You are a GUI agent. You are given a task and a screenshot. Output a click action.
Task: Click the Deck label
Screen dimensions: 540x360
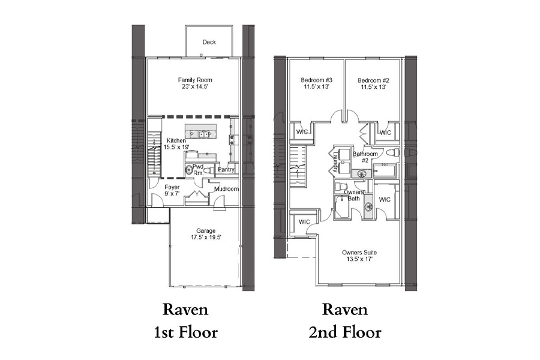tap(209, 42)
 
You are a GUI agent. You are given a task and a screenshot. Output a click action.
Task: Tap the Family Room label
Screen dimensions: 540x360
tap(195, 80)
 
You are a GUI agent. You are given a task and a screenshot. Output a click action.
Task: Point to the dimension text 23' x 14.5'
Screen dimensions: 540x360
tap(195, 87)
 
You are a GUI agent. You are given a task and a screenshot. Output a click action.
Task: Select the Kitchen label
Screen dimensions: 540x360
tap(176, 140)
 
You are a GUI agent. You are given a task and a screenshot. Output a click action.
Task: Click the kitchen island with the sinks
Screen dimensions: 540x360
tap(201, 131)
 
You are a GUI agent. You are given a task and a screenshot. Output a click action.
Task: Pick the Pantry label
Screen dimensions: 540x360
tap(226, 169)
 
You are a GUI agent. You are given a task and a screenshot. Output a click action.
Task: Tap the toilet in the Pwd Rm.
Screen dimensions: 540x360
tap(208, 170)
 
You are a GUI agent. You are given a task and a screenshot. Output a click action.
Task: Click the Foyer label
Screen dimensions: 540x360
tap(172, 187)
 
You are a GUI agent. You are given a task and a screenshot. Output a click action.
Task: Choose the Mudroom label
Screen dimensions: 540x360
tap(226, 189)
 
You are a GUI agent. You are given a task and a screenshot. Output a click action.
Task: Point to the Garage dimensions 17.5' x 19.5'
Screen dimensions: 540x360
tap(206, 238)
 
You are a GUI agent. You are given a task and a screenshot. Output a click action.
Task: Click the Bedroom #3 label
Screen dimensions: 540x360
tap(316, 80)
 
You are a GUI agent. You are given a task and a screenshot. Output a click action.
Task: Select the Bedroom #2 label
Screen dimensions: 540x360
tap(373, 80)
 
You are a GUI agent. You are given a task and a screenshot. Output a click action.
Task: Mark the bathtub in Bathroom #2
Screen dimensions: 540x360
tap(385, 171)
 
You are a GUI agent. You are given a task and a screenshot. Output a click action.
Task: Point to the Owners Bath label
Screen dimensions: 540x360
tap(353, 196)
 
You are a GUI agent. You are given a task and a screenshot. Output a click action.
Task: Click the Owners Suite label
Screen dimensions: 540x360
tap(359, 252)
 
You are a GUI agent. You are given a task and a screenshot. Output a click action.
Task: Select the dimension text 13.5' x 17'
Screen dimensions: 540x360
tap(359, 259)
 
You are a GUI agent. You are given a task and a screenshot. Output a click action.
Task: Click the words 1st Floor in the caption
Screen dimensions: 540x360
tap(185, 333)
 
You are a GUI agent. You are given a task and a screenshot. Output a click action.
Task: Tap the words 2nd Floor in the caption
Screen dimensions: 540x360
tap(345, 333)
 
